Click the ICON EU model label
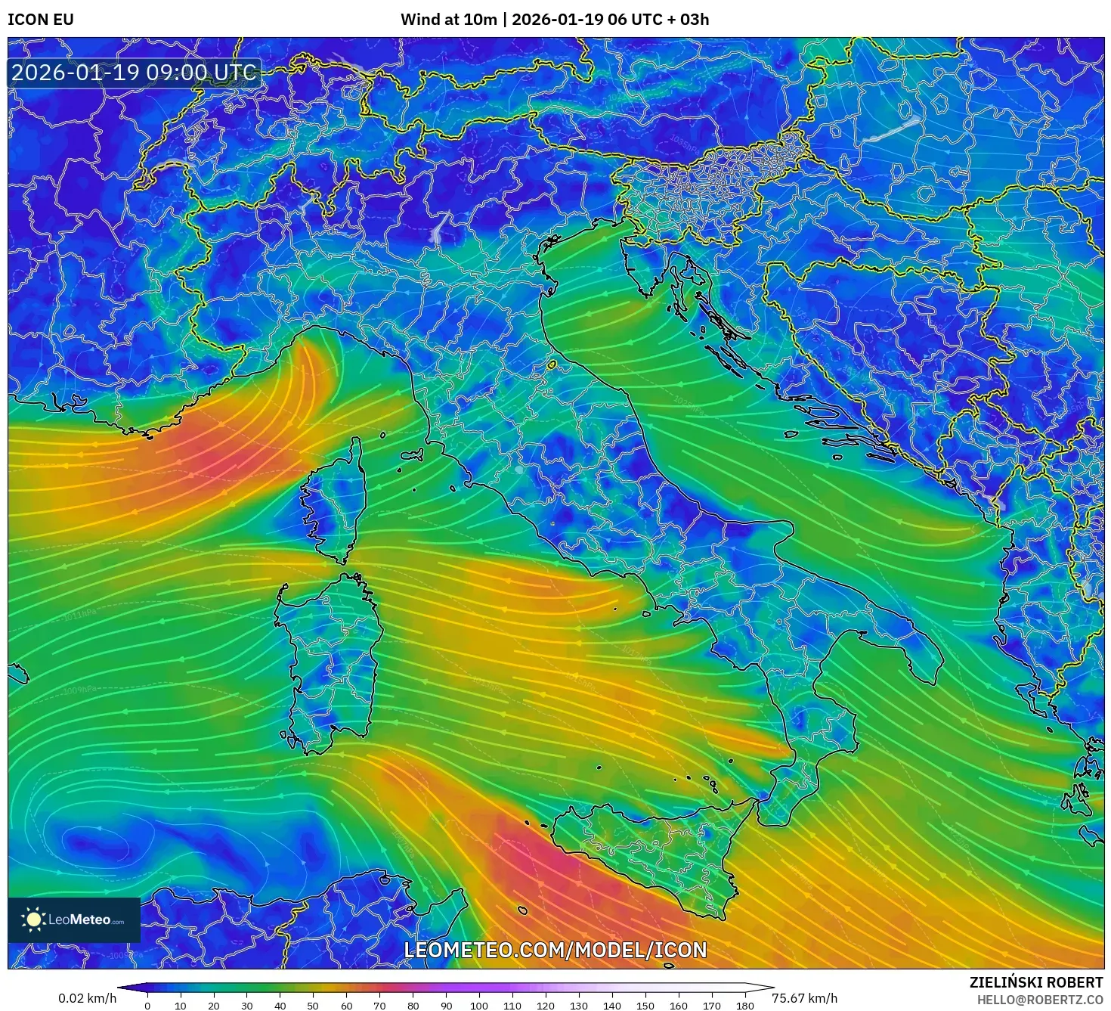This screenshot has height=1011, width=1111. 41,20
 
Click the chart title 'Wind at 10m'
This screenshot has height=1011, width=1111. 448,20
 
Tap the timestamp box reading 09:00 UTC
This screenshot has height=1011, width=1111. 134,73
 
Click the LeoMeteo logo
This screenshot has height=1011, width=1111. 74,920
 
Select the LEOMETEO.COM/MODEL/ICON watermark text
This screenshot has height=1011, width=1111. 555,951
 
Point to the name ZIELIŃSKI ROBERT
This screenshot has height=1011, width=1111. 1035,982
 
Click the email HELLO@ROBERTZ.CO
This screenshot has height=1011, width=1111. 1039,1000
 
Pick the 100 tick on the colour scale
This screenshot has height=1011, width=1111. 479,1006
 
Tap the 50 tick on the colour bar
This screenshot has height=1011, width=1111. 313,1006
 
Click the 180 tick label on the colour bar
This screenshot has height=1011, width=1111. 745,1006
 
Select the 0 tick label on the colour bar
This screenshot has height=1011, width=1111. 147,1006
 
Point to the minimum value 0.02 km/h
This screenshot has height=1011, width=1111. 87,998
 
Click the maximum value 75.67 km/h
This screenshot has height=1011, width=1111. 804,998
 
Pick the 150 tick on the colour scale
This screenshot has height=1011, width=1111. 645,1006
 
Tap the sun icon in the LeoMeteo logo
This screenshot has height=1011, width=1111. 33,920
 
